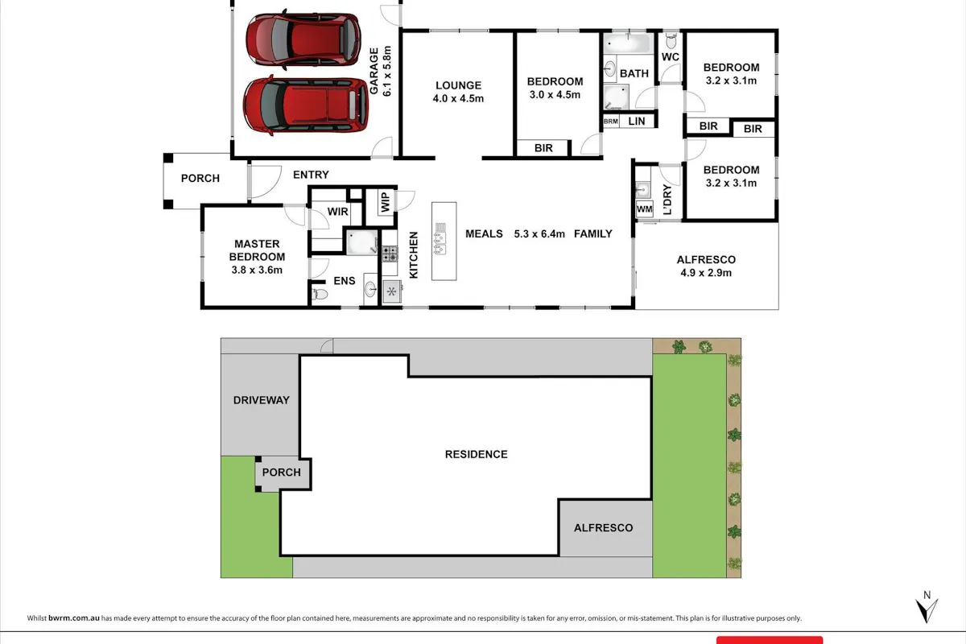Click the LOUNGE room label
(x=458, y=85)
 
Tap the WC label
(x=670, y=57)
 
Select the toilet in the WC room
(x=671, y=41)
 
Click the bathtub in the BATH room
(x=628, y=43)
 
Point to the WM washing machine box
(x=644, y=209)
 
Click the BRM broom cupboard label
(x=611, y=122)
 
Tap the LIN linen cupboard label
(x=637, y=122)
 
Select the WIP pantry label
(x=386, y=202)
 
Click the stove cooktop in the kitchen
(x=390, y=254)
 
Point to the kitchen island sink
(x=440, y=238)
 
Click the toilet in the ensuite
(x=320, y=294)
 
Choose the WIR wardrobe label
(x=337, y=212)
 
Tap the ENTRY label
(x=311, y=175)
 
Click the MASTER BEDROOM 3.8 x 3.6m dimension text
(x=257, y=270)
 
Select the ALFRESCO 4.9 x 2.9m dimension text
(x=706, y=273)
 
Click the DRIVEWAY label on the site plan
(x=262, y=400)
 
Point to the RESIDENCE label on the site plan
(x=476, y=454)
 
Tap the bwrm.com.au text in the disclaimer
(x=74, y=618)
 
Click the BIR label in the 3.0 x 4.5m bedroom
(x=543, y=148)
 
